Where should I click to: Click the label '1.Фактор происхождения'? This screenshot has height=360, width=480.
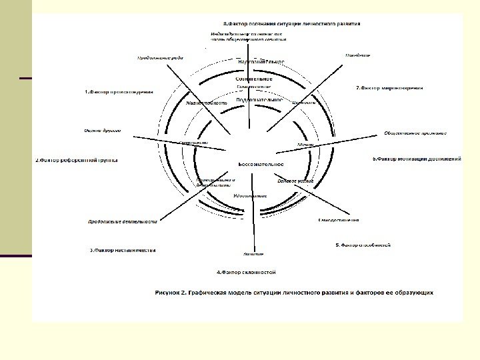coord(118,91)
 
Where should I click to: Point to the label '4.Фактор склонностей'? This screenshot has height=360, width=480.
coord(245,272)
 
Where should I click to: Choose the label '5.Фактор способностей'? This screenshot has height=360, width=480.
coord(363,245)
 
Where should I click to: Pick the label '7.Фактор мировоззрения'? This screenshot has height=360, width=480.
coord(389,87)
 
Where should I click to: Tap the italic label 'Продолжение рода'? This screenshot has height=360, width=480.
coord(160,58)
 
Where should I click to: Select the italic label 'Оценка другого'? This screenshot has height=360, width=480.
coord(102,131)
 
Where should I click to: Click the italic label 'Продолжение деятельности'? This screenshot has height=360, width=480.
coord(123,221)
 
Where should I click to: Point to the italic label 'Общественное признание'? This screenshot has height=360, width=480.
coord(415,133)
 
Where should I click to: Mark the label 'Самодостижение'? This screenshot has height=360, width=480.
coord(339,220)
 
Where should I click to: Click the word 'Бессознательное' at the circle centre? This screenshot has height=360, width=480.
coord(261,164)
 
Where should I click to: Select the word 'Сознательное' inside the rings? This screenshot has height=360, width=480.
coord(253,79)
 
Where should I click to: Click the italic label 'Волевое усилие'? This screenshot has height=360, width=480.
coord(295,181)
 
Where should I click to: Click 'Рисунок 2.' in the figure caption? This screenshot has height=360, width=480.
coord(175,292)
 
